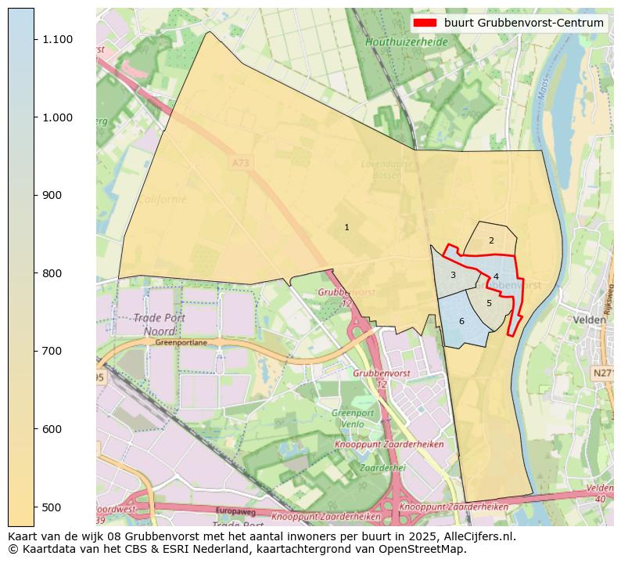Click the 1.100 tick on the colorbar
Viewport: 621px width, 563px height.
point(34,39)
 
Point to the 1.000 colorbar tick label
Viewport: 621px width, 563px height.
point(57,117)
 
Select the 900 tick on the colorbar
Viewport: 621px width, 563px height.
point(34,195)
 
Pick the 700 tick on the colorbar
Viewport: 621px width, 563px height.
point(34,351)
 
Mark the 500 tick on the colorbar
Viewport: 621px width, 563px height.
point(34,507)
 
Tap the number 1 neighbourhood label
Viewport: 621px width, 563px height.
point(346,227)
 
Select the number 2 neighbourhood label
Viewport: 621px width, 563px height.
point(491,240)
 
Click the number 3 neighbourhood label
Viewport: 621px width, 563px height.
point(453,275)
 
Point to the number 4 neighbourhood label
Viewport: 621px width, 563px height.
point(496,276)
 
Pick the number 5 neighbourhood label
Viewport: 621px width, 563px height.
point(489,303)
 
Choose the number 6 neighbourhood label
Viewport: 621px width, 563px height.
point(461,321)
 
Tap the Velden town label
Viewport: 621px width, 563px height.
point(590,319)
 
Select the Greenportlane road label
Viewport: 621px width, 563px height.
point(181,342)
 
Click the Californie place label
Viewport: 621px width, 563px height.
point(162,199)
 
